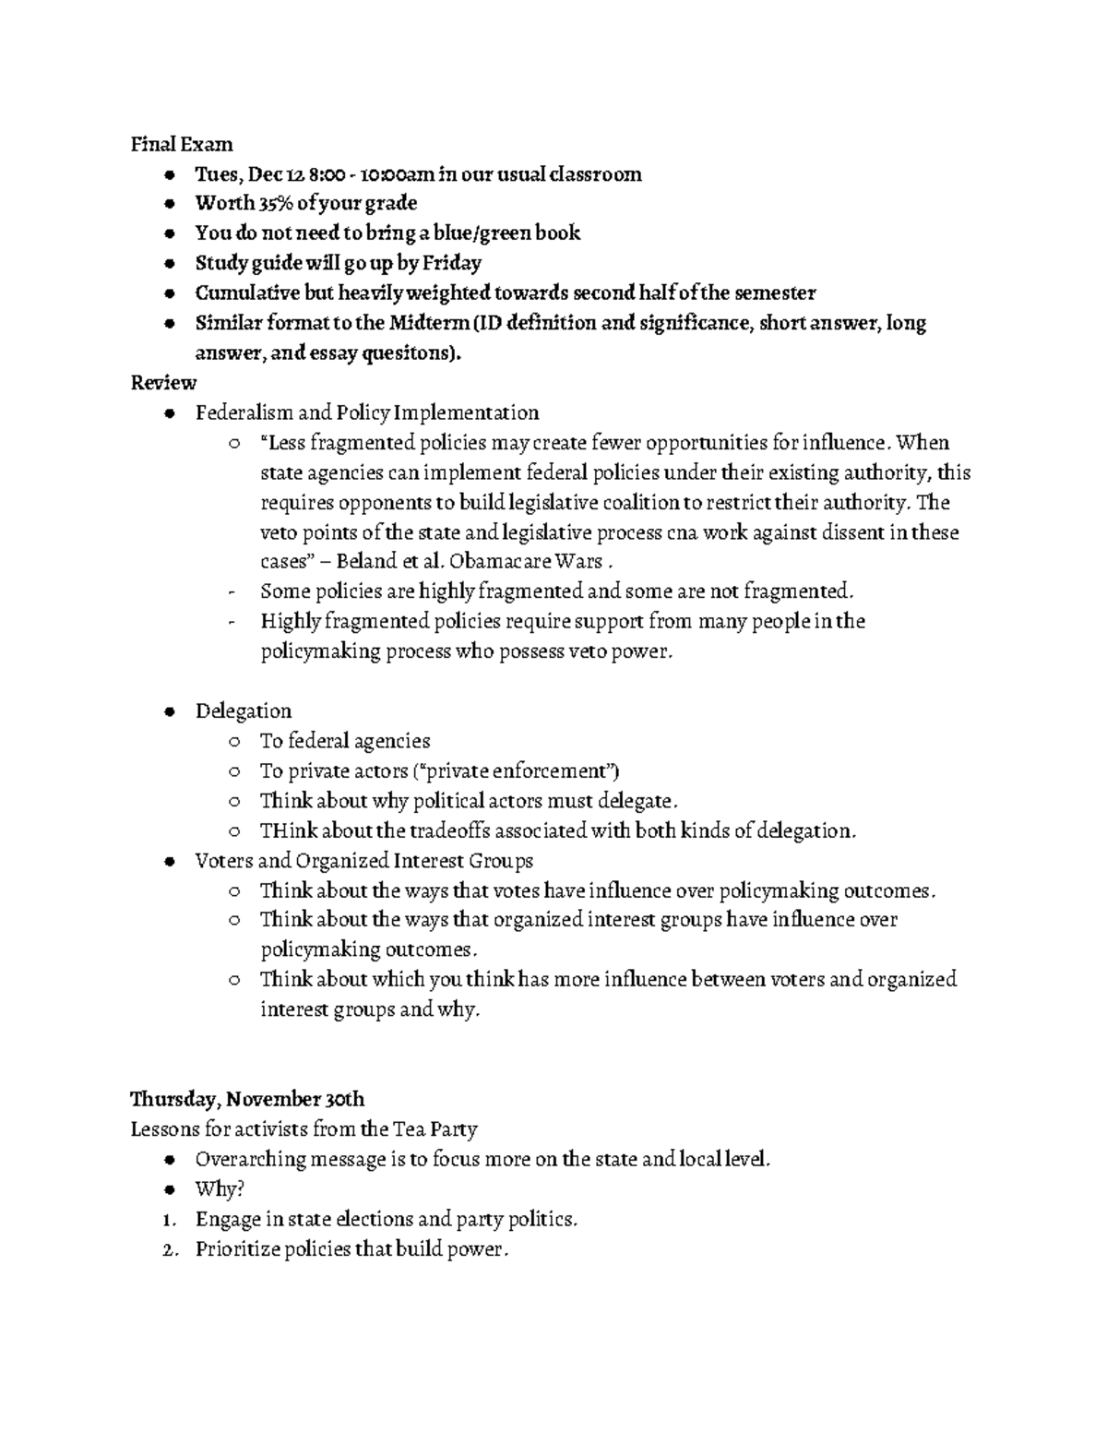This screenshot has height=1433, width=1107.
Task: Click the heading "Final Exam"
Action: (181, 144)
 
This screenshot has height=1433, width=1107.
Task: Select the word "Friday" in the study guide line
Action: (452, 263)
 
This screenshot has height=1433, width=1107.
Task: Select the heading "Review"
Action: (163, 382)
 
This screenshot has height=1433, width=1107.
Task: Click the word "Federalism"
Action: (238, 412)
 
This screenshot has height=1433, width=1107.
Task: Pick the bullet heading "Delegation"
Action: (243, 711)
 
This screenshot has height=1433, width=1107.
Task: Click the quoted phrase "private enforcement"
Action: (519, 770)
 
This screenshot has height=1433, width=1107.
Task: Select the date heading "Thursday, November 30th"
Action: (247, 1099)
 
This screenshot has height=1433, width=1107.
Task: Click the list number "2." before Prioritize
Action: (169, 1249)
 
